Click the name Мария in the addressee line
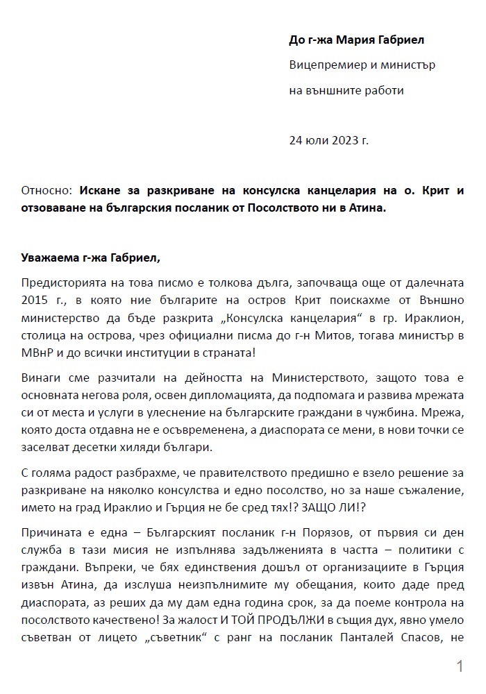tap(353, 40)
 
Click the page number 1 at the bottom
tap(459, 668)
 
